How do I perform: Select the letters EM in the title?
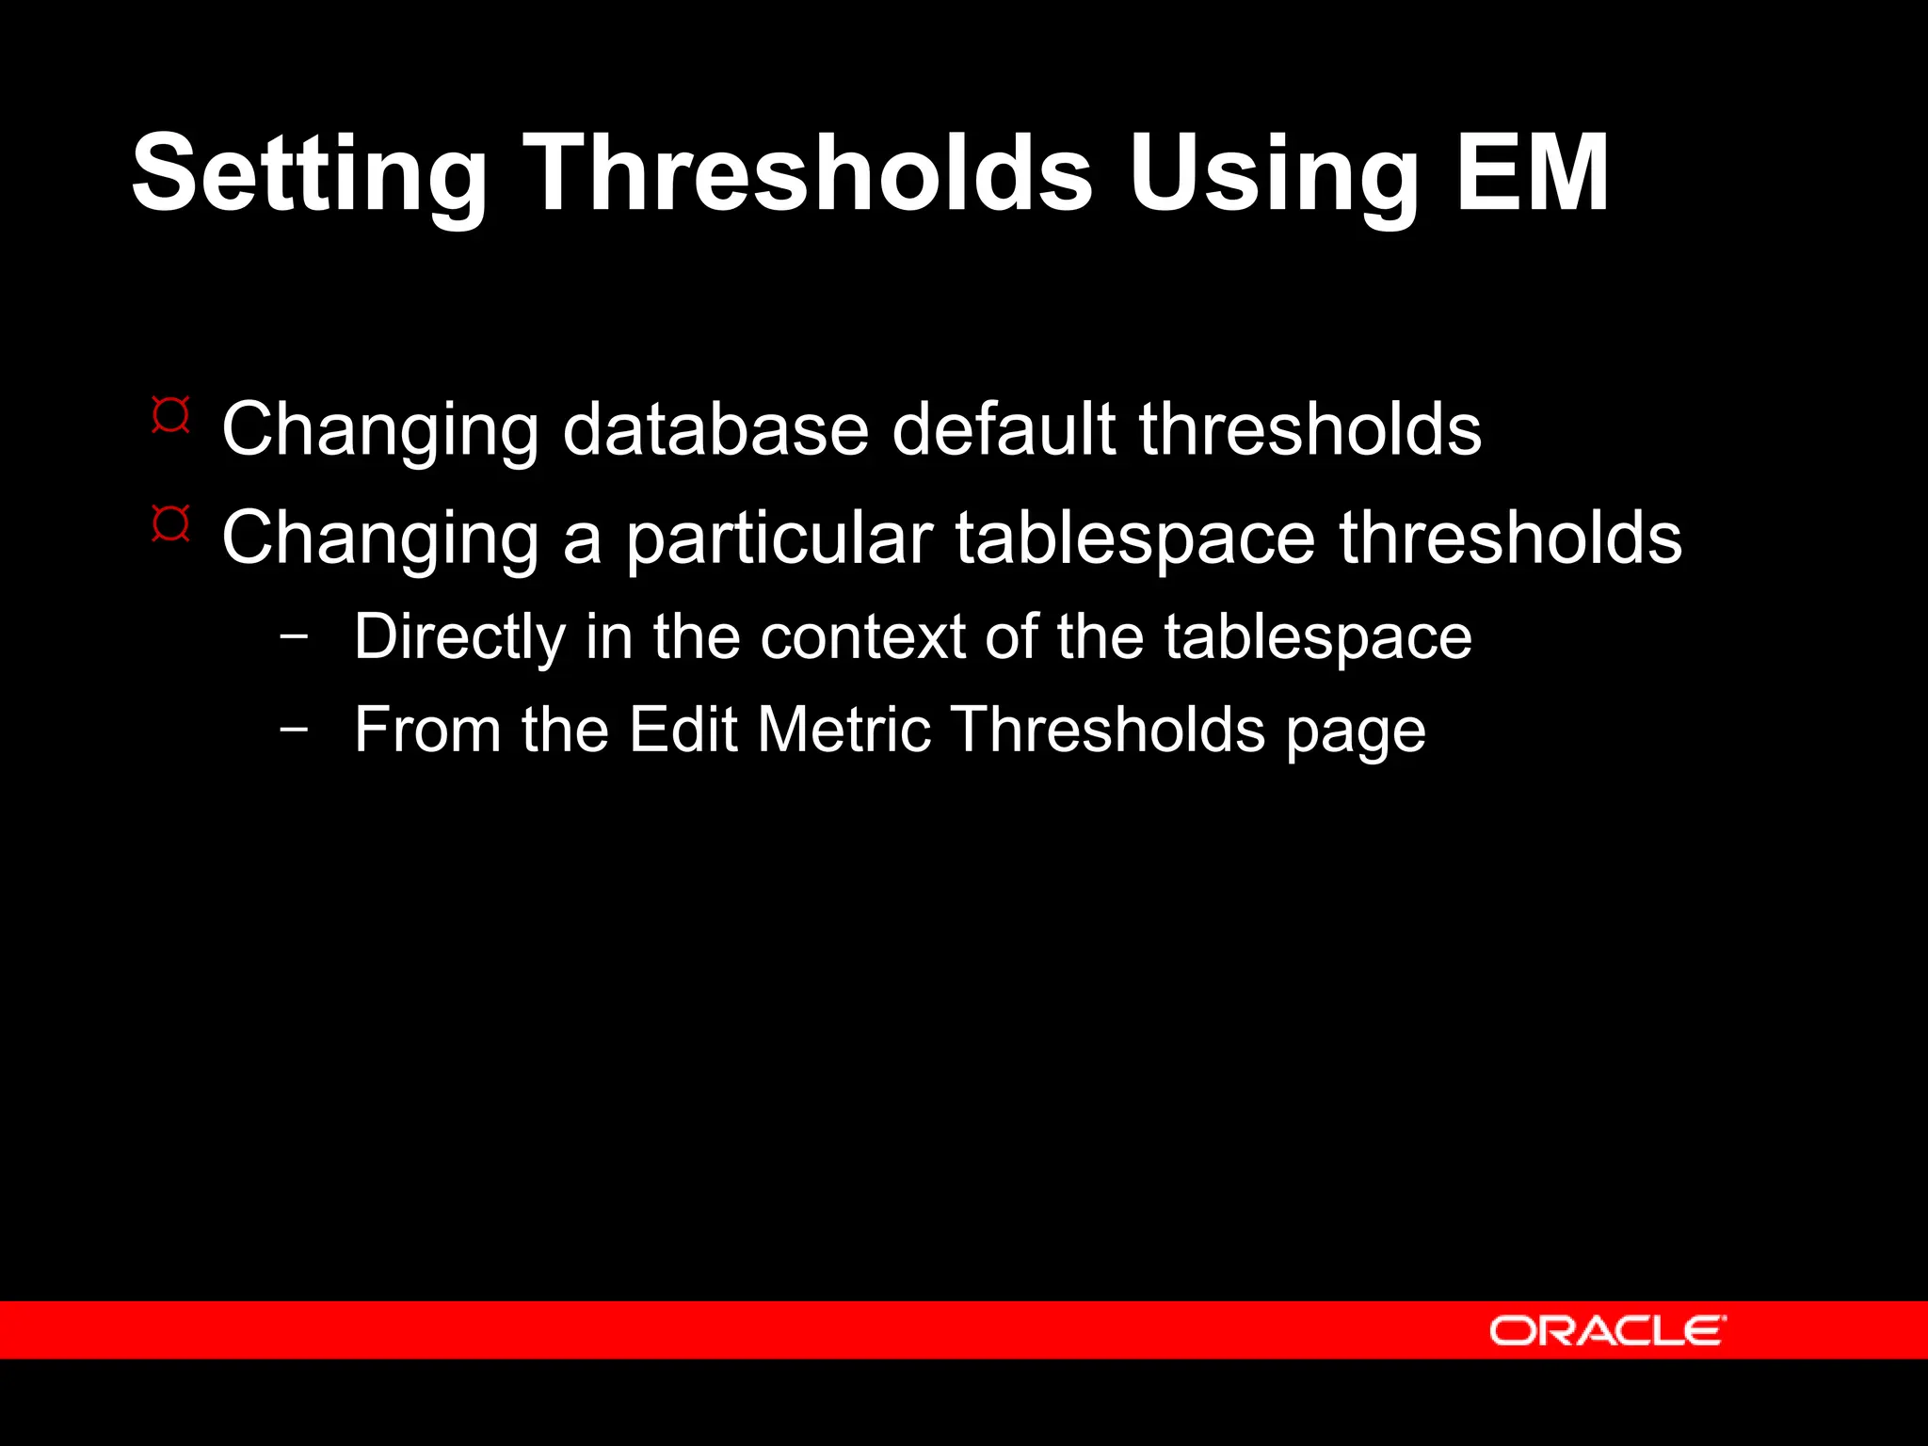coord(1533,174)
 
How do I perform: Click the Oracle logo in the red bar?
coord(1607,1331)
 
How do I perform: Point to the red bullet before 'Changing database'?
coord(170,415)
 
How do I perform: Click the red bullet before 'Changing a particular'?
coord(170,523)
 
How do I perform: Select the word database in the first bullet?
coord(715,430)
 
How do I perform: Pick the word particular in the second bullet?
coord(779,538)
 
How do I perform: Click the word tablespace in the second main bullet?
coord(1134,538)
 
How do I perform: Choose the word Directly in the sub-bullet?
coord(459,638)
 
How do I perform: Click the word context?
coord(862,638)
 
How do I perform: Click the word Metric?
coord(844,730)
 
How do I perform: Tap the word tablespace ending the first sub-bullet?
coord(1318,638)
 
